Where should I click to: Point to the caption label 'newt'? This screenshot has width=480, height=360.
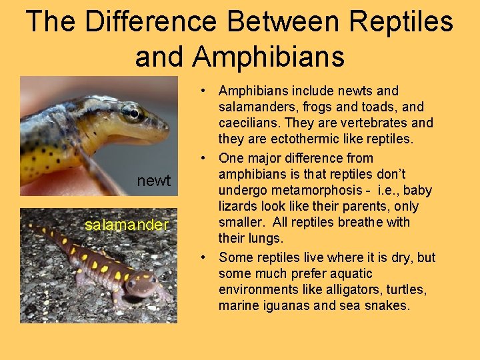[154, 181]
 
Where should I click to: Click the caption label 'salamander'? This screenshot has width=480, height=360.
[127, 225]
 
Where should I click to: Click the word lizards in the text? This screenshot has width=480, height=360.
[239, 206]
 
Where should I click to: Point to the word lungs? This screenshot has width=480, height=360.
[267, 238]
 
